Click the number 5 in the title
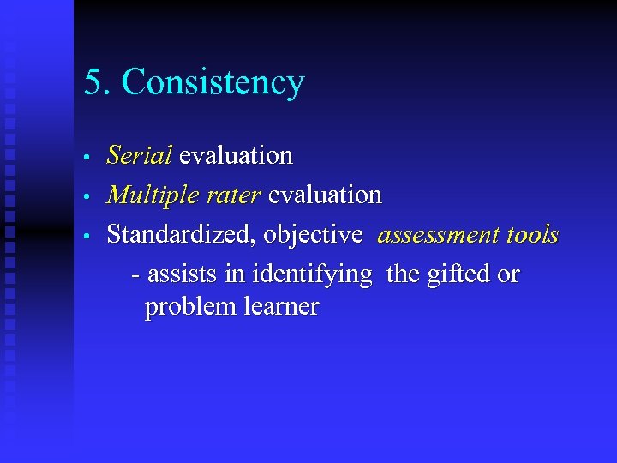[x=93, y=82]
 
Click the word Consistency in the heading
[x=213, y=83]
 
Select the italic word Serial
[x=139, y=155]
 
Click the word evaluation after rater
[x=325, y=195]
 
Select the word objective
[x=313, y=235]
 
